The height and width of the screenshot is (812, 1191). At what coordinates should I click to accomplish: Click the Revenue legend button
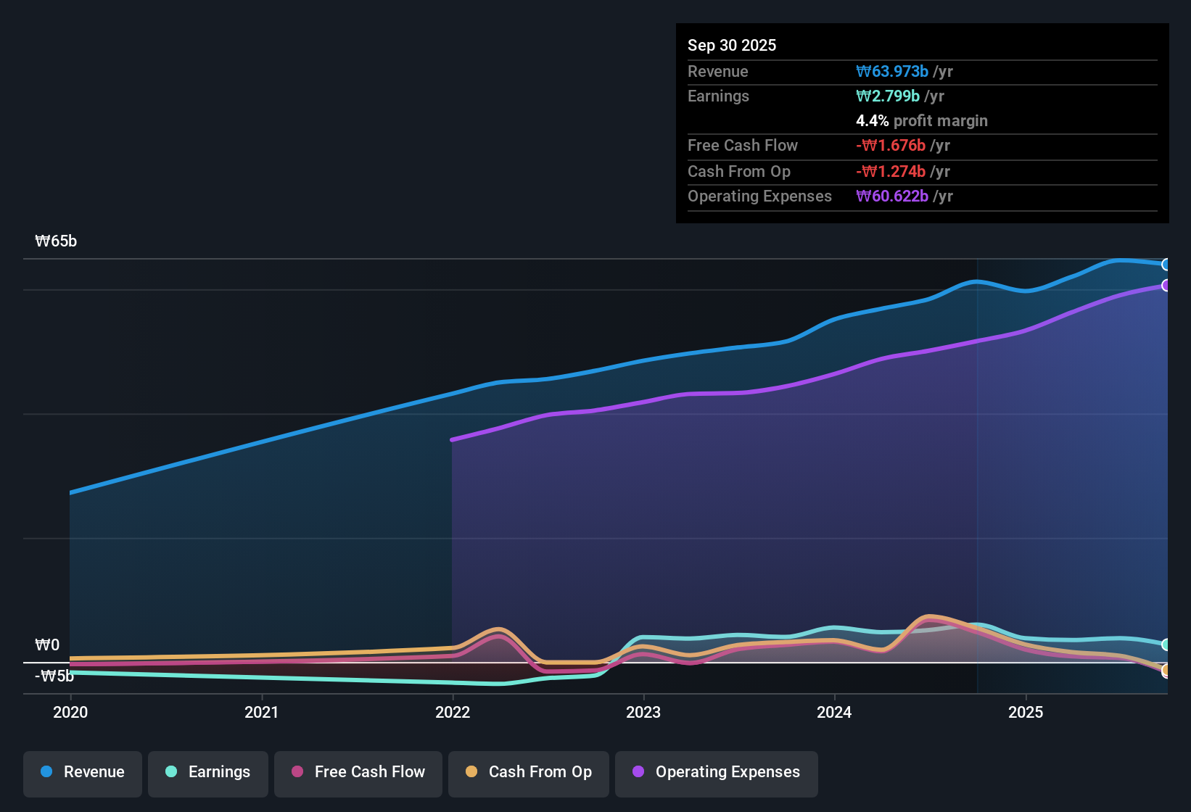(83, 772)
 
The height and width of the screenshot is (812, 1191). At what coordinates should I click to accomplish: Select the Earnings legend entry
(207, 772)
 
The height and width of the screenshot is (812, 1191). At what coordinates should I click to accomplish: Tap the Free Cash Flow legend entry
(358, 772)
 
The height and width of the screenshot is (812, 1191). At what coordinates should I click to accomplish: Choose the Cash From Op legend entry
(529, 772)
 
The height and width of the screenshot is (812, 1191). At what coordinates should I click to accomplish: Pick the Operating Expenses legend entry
(717, 772)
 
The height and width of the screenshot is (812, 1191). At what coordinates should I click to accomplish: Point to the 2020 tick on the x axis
(70, 712)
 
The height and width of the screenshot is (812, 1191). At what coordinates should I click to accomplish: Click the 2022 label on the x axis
(453, 712)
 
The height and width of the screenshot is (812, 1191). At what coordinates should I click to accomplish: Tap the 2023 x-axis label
(643, 712)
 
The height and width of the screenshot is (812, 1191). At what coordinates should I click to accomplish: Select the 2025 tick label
(1026, 712)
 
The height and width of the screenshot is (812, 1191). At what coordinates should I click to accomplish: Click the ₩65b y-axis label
(56, 241)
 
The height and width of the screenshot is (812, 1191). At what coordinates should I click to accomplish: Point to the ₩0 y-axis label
(47, 645)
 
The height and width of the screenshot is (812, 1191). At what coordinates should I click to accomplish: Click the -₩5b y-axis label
(54, 676)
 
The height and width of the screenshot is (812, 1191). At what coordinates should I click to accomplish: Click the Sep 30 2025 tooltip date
(732, 45)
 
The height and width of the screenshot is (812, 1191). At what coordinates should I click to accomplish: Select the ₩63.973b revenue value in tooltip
(892, 71)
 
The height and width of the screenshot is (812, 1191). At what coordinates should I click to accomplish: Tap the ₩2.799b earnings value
(888, 96)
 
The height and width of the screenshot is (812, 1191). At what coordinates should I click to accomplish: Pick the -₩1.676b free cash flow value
(891, 145)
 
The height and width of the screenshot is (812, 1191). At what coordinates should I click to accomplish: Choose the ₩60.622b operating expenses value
(892, 196)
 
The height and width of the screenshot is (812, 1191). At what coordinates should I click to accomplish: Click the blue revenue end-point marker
(1166, 265)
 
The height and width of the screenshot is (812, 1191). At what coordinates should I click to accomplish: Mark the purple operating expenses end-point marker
(1166, 286)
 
